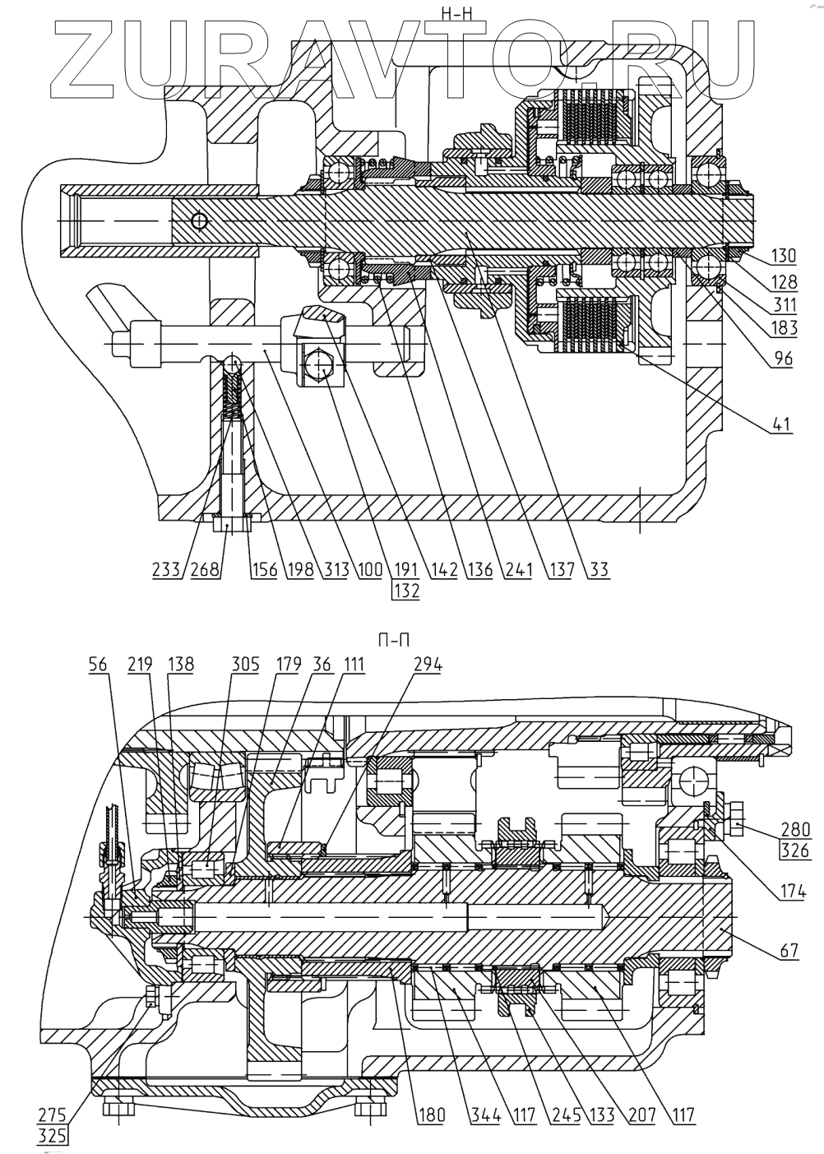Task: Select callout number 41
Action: pos(782,426)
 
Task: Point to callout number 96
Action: pos(780,359)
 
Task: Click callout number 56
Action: pos(98,665)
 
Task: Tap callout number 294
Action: pos(426,665)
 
